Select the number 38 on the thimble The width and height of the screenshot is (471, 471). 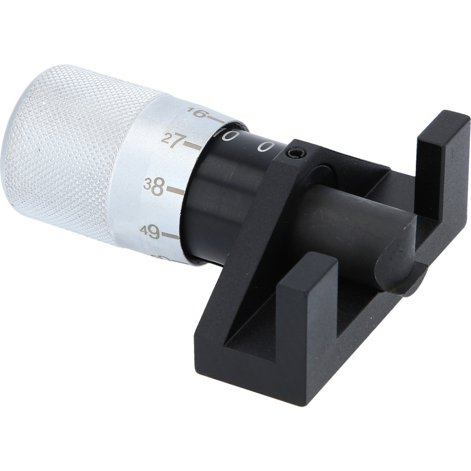154,186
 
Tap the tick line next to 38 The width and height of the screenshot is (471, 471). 176,191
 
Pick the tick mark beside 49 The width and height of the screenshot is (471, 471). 170,235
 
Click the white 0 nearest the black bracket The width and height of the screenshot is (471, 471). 265,147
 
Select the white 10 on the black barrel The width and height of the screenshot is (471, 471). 226,136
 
